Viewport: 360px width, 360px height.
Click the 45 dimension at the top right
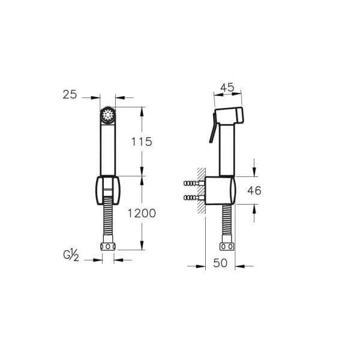tap(227, 87)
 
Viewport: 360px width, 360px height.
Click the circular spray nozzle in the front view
tap(107, 115)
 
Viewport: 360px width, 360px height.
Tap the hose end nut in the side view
tap(226, 247)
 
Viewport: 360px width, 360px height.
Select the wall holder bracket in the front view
tap(107, 191)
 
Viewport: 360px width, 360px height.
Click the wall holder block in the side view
tap(221, 191)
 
